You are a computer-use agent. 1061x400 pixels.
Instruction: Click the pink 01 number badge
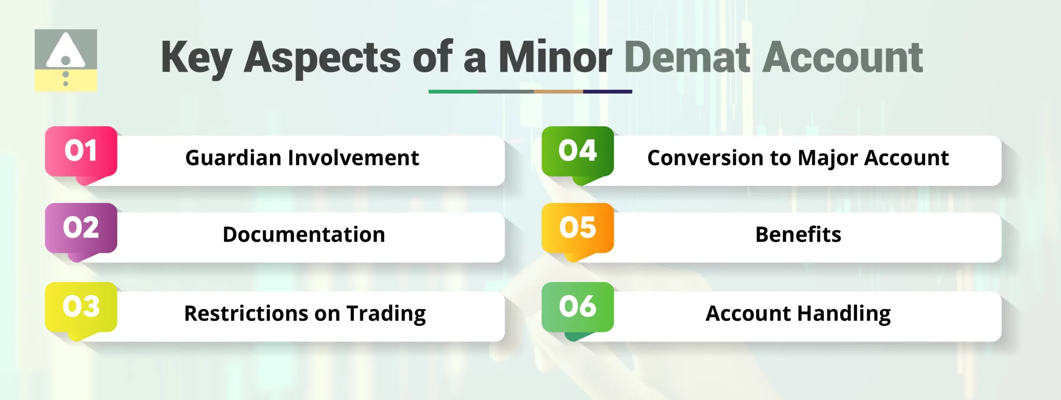coord(81,151)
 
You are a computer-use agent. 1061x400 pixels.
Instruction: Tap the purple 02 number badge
coord(81,228)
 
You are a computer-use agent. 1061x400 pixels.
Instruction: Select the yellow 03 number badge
coord(81,307)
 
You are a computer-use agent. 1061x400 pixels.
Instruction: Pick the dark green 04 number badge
coord(577,151)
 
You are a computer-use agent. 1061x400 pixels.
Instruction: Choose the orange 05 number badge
coord(577,228)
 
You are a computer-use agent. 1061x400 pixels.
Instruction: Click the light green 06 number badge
coord(577,307)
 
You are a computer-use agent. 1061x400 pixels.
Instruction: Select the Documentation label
coord(304,235)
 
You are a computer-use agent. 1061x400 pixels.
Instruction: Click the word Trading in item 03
coord(386,314)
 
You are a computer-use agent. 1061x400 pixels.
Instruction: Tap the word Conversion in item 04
coord(705,158)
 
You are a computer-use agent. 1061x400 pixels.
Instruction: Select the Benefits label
coord(798,235)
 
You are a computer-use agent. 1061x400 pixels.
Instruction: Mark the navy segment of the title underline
coord(607,92)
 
